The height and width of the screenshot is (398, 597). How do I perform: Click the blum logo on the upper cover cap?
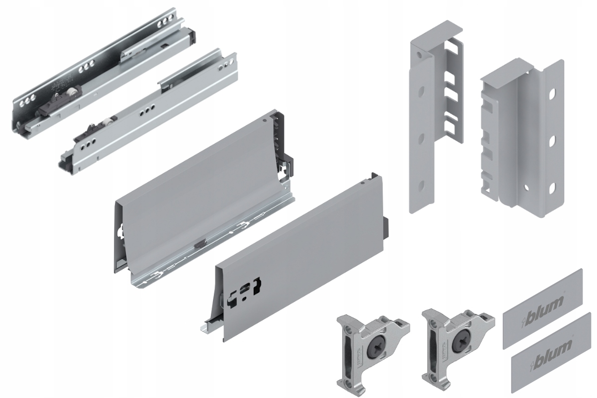pyautogui.click(x=546, y=302)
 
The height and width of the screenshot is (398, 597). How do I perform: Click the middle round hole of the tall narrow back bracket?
pyautogui.click(x=421, y=136)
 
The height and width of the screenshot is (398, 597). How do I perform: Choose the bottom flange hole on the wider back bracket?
pyautogui.click(x=551, y=188)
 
